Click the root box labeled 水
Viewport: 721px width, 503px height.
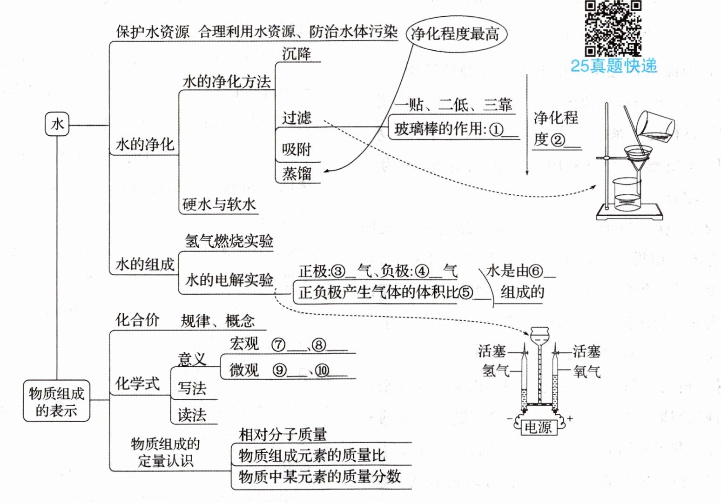(57, 124)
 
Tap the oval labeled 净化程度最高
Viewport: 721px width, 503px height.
(456, 34)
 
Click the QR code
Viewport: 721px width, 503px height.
(613, 28)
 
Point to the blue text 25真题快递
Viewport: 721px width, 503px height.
(613, 66)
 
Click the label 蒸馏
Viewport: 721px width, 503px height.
(296, 173)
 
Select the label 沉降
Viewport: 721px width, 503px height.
(296, 53)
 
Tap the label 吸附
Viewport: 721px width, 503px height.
(296, 149)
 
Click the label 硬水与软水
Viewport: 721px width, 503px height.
(219, 204)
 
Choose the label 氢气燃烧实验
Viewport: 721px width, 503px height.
(229, 241)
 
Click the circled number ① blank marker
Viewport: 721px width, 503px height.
(497, 129)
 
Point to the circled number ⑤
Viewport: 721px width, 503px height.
(466, 292)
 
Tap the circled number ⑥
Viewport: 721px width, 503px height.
(536, 271)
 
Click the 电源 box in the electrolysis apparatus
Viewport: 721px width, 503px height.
(538, 427)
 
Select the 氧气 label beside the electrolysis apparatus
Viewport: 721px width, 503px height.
(586, 371)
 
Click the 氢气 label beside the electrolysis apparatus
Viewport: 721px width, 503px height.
(495, 371)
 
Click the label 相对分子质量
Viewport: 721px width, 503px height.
(283, 434)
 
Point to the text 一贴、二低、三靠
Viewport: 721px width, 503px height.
(453, 105)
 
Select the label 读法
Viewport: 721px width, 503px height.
(192, 414)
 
